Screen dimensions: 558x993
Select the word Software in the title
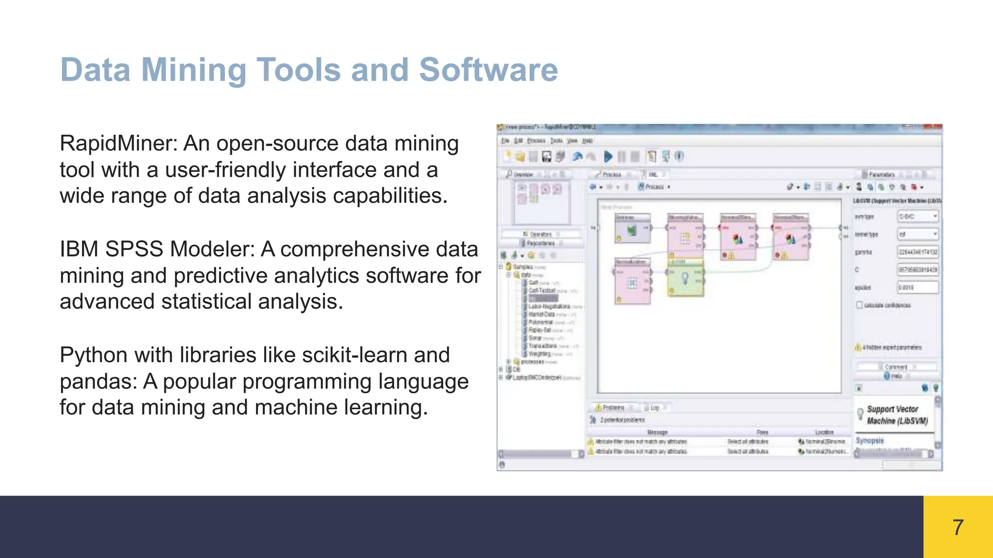point(488,70)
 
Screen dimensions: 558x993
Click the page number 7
point(958,527)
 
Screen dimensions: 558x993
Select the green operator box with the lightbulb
point(685,278)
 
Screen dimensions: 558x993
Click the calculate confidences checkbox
point(860,305)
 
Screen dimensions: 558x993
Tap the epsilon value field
point(917,287)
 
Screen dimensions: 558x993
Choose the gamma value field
point(917,252)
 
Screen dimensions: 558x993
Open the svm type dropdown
point(918,217)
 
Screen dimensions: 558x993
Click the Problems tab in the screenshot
point(612,408)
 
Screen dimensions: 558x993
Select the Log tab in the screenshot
point(655,408)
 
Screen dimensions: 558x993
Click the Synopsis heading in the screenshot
point(869,441)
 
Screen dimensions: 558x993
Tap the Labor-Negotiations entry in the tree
point(549,307)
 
